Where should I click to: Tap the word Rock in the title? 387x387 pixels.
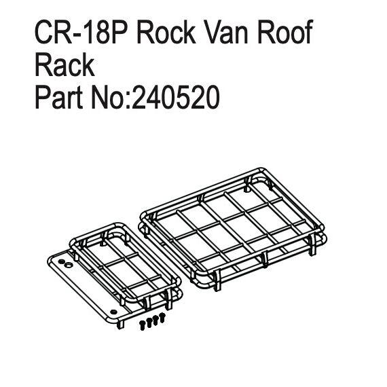coord(166,32)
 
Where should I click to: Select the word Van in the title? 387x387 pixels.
coord(226,32)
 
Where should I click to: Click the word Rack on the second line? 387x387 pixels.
coord(64,64)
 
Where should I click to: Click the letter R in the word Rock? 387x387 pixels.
coord(146,32)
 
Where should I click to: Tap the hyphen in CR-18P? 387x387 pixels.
coord(77,35)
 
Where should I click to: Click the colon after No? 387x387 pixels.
coord(128,100)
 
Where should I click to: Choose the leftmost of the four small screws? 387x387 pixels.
coord(142,325)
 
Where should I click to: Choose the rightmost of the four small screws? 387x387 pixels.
coord(162,317)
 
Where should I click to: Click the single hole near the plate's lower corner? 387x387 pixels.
coord(113,312)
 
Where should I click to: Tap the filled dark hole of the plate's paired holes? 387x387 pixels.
coord(62,261)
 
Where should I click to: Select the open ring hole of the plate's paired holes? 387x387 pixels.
coord(68,265)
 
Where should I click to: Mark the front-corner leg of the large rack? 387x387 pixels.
coord(217,280)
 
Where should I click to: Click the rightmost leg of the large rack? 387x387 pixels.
coord(312,244)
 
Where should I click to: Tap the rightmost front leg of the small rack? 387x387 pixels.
coord(169,299)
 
